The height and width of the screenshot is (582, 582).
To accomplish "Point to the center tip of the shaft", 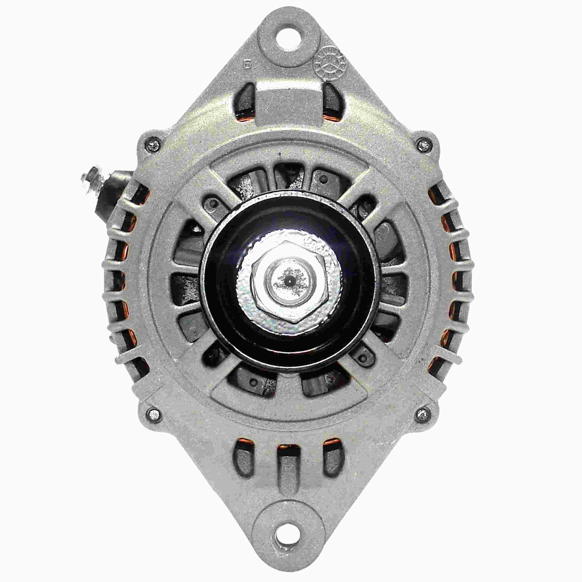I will (x=289, y=280).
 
